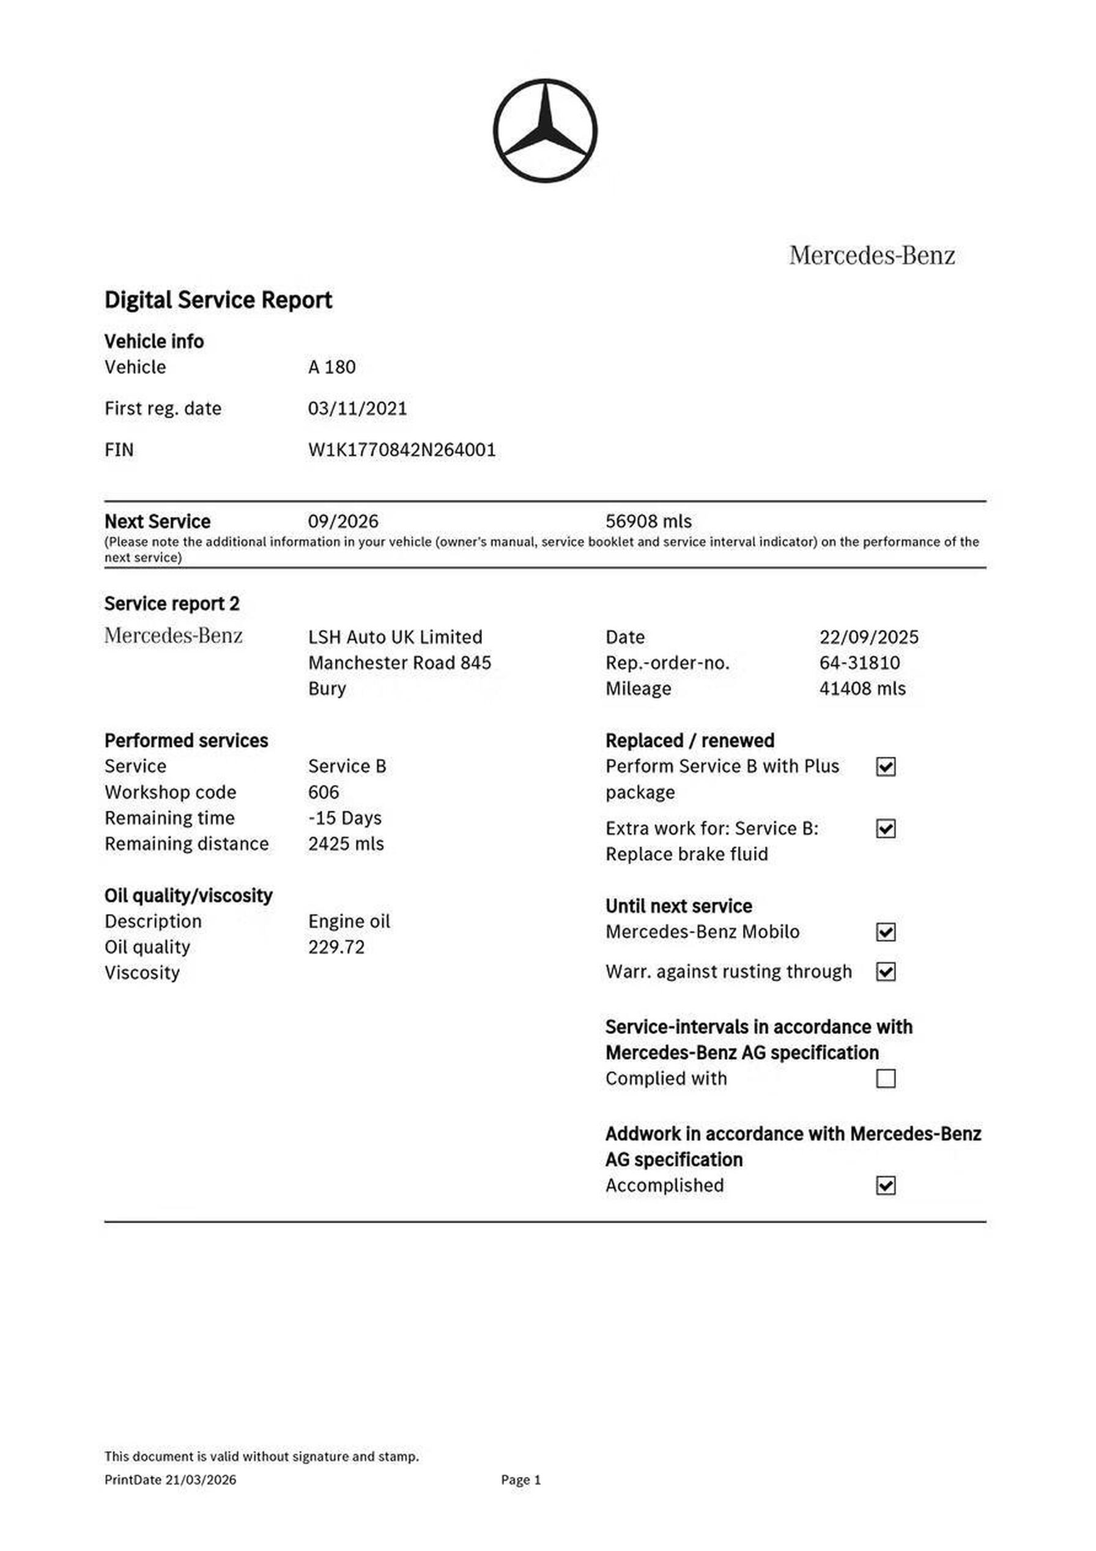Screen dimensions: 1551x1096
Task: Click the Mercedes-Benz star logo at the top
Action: click(x=545, y=130)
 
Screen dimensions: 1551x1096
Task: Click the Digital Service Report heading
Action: click(x=218, y=300)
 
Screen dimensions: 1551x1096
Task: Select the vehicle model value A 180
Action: click(x=331, y=368)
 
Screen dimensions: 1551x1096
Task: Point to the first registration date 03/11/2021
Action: click(x=357, y=409)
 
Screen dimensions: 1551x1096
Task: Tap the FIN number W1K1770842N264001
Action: click(x=402, y=450)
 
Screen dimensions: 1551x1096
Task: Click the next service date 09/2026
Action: click(x=343, y=521)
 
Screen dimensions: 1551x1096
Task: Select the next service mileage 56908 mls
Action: click(x=648, y=521)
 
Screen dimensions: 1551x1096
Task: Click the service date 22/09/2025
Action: click(x=868, y=637)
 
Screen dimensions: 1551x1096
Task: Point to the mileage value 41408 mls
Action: click(x=862, y=688)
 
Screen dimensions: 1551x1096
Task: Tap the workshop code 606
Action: click(x=324, y=792)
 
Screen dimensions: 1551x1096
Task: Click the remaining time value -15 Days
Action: click(x=344, y=818)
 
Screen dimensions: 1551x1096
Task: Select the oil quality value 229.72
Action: click(x=336, y=947)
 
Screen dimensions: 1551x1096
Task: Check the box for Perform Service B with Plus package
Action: click(x=886, y=767)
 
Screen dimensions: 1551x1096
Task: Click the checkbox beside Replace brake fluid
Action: click(x=886, y=829)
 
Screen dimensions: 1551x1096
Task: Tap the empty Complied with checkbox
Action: click(x=886, y=1079)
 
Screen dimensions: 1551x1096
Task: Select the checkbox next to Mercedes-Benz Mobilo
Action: click(x=886, y=932)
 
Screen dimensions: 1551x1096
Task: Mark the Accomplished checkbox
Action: click(x=886, y=1186)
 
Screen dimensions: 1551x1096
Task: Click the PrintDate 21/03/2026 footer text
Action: click(x=170, y=1479)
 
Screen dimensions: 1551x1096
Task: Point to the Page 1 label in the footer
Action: click(x=520, y=1479)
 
